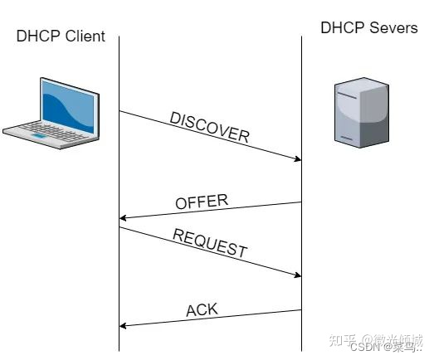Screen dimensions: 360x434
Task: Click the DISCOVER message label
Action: tap(209, 127)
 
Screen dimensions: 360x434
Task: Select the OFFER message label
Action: tap(202, 202)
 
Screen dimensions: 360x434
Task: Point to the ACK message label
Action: tap(202, 310)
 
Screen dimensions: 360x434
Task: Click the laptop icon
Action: tap(51, 114)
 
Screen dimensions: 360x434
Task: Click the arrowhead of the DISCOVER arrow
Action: tap(297, 159)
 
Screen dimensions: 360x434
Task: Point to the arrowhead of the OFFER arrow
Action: tap(124, 218)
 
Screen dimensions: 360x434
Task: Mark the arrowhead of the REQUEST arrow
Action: tap(297, 275)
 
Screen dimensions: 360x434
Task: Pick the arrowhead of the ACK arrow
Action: tap(124, 325)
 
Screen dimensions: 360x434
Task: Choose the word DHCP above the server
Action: tap(342, 28)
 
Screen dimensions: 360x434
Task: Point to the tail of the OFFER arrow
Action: tap(300, 202)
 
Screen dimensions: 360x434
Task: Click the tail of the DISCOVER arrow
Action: tap(120, 111)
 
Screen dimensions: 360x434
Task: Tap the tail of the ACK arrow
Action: tap(300, 310)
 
